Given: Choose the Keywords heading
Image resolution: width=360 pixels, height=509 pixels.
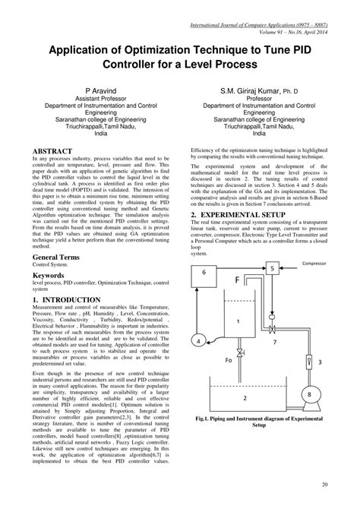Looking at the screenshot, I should coord(46,268).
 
